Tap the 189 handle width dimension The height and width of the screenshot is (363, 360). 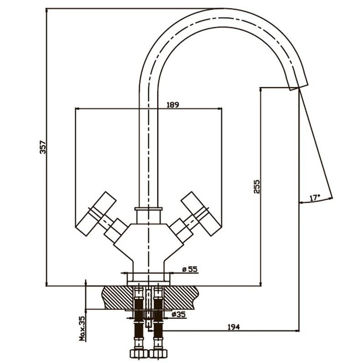pyautogui.click(x=173, y=104)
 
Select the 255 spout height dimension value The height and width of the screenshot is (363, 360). pyautogui.click(x=256, y=187)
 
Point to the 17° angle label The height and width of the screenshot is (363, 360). pyautogui.click(x=314, y=197)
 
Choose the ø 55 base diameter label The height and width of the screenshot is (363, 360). pyautogui.click(x=189, y=270)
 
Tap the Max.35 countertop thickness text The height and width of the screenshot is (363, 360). pyautogui.click(x=82, y=329)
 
